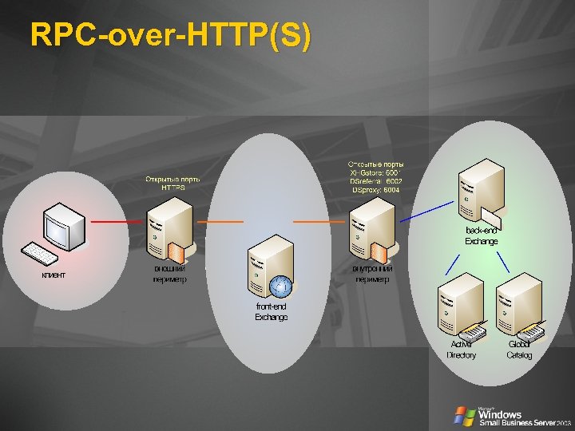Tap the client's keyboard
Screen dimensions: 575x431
click(x=40, y=255)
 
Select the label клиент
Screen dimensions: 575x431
click(x=54, y=275)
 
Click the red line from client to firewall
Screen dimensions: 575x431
click(x=117, y=220)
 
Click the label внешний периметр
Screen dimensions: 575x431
click(x=169, y=274)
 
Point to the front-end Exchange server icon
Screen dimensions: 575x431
click(x=268, y=267)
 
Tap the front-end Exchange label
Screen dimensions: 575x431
click(x=272, y=311)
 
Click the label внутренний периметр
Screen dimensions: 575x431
click(x=372, y=274)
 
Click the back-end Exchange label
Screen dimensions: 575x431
click(x=482, y=235)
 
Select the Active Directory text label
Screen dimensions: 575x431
click(x=461, y=350)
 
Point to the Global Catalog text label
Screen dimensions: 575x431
click(x=519, y=350)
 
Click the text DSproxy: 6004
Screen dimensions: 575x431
click(x=376, y=191)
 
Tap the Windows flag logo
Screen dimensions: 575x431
click(x=464, y=415)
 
